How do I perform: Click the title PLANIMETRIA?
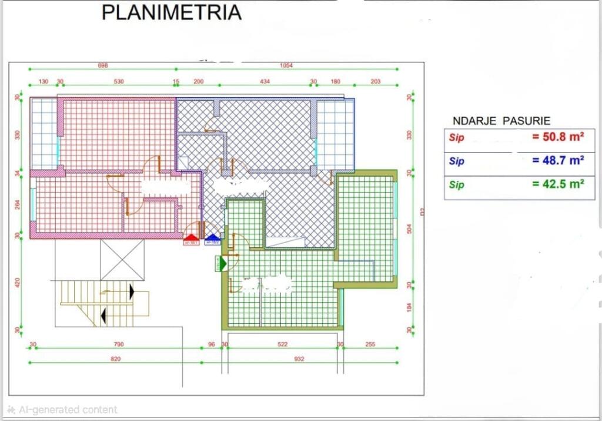[x=171, y=12]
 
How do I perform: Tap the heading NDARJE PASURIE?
[x=501, y=121]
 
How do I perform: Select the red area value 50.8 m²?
[x=557, y=137]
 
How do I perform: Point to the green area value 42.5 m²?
[x=557, y=184]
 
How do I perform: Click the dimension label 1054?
[x=286, y=66]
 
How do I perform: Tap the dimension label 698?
[x=103, y=66]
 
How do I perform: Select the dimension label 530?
[x=119, y=82]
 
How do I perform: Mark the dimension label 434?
[x=264, y=82]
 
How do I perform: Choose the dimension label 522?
[x=282, y=344]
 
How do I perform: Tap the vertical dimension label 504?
[x=410, y=228]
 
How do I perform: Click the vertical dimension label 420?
[x=18, y=282]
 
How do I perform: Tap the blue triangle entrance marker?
[x=212, y=238]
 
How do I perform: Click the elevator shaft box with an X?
[x=122, y=259]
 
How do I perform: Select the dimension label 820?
[x=116, y=359]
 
